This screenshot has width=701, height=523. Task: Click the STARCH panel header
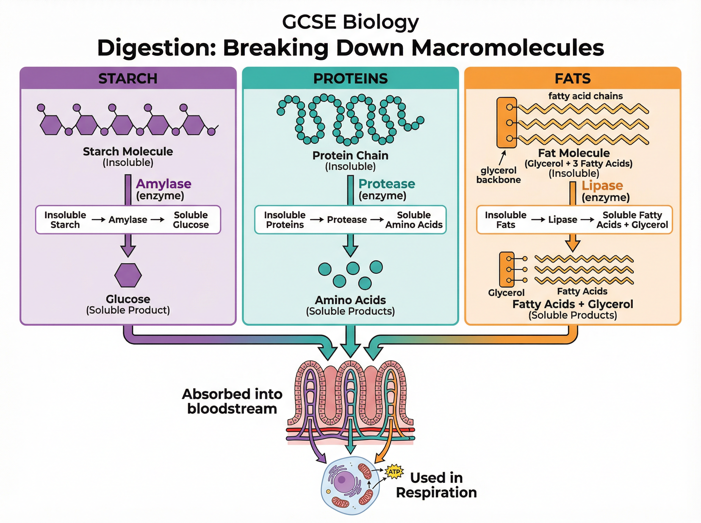point(128,78)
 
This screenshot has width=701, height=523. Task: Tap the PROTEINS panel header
point(350,78)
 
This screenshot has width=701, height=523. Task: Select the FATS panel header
point(572,78)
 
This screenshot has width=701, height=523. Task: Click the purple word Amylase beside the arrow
point(164,184)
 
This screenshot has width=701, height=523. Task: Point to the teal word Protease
point(386,184)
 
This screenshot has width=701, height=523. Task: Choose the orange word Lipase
point(602,185)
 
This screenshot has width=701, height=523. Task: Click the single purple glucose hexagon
point(128,275)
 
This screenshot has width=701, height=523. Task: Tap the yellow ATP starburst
point(394,472)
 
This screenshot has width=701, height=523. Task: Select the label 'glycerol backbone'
point(498,175)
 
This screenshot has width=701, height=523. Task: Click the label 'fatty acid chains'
point(585,96)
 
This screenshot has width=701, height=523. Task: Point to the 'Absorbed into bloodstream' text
point(232,401)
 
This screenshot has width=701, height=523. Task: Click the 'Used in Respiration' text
point(436,485)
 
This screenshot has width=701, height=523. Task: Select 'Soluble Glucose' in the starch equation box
point(191,220)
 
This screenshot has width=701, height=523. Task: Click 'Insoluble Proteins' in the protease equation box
point(285,220)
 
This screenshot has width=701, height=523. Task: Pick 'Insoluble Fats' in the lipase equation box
point(506,220)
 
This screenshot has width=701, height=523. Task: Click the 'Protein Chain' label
point(350,156)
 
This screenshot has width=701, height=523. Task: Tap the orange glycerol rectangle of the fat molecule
point(506,123)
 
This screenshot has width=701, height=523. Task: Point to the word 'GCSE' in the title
point(309,22)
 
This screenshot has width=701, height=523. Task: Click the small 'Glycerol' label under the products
point(506,292)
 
